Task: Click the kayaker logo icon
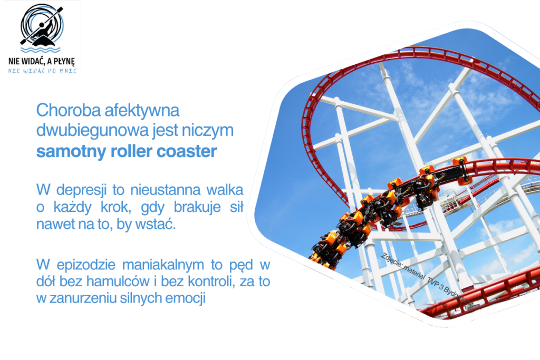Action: [x=41, y=26]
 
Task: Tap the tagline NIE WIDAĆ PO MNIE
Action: [x=42, y=71]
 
